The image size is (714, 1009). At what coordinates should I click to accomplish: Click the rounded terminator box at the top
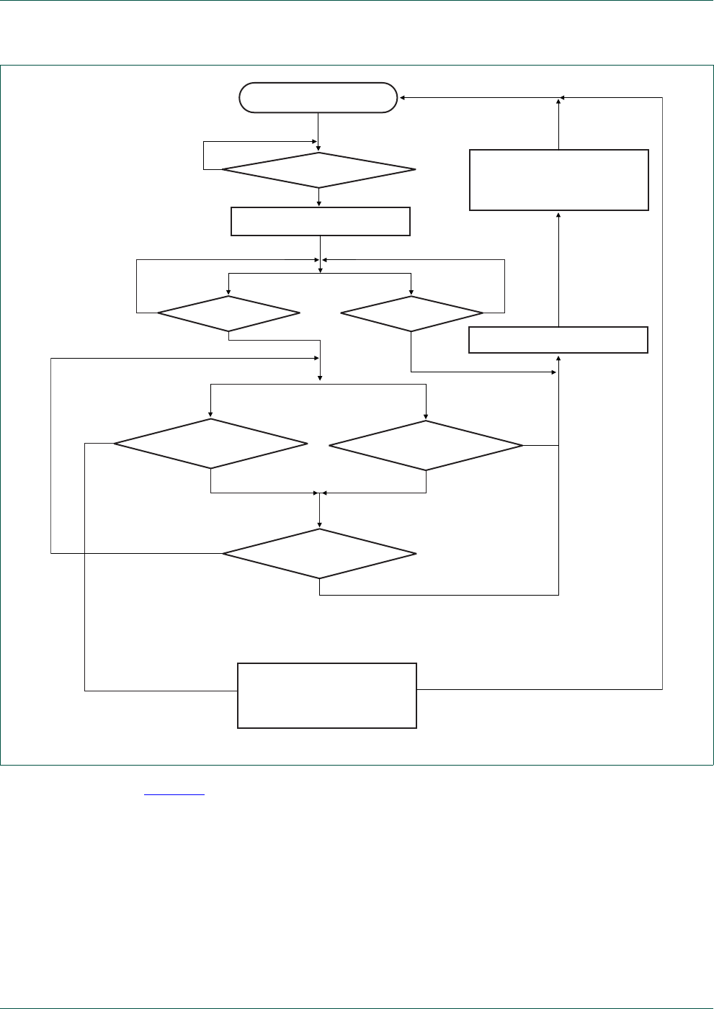pyautogui.click(x=318, y=98)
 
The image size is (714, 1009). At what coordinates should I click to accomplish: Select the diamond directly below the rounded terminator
pyautogui.click(x=318, y=170)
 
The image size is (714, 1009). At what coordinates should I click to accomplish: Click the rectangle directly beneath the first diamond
pyautogui.click(x=320, y=221)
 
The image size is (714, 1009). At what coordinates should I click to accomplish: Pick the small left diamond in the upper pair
pyautogui.click(x=228, y=313)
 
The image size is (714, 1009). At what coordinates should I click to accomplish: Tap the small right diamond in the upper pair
pyautogui.click(x=411, y=313)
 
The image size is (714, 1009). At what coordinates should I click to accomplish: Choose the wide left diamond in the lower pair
pyautogui.click(x=210, y=444)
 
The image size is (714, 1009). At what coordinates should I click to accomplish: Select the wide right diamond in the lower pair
pyautogui.click(x=426, y=446)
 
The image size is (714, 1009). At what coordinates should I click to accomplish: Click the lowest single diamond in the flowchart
pyautogui.click(x=319, y=553)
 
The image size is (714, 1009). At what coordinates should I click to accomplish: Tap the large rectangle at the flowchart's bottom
pyautogui.click(x=327, y=696)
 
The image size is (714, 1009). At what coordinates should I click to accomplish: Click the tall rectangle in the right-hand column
pyautogui.click(x=558, y=180)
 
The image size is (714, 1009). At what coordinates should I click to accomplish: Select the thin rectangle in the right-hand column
pyautogui.click(x=558, y=340)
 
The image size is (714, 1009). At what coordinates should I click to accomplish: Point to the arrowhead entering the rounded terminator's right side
pyautogui.click(x=402, y=97)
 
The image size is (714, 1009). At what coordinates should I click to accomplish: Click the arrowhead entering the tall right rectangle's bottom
pyautogui.click(x=558, y=215)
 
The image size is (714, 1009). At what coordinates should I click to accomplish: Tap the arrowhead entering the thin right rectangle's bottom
pyautogui.click(x=558, y=357)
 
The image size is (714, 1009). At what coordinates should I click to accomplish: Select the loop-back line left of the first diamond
pyautogui.click(x=204, y=156)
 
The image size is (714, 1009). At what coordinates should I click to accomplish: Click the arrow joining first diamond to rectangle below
pyautogui.click(x=318, y=197)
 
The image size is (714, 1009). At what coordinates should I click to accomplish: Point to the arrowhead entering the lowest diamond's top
pyautogui.click(x=319, y=525)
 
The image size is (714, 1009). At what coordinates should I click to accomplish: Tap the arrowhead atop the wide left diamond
pyautogui.click(x=210, y=415)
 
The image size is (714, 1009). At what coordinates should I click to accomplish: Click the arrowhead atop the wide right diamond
pyautogui.click(x=426, y=416)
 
